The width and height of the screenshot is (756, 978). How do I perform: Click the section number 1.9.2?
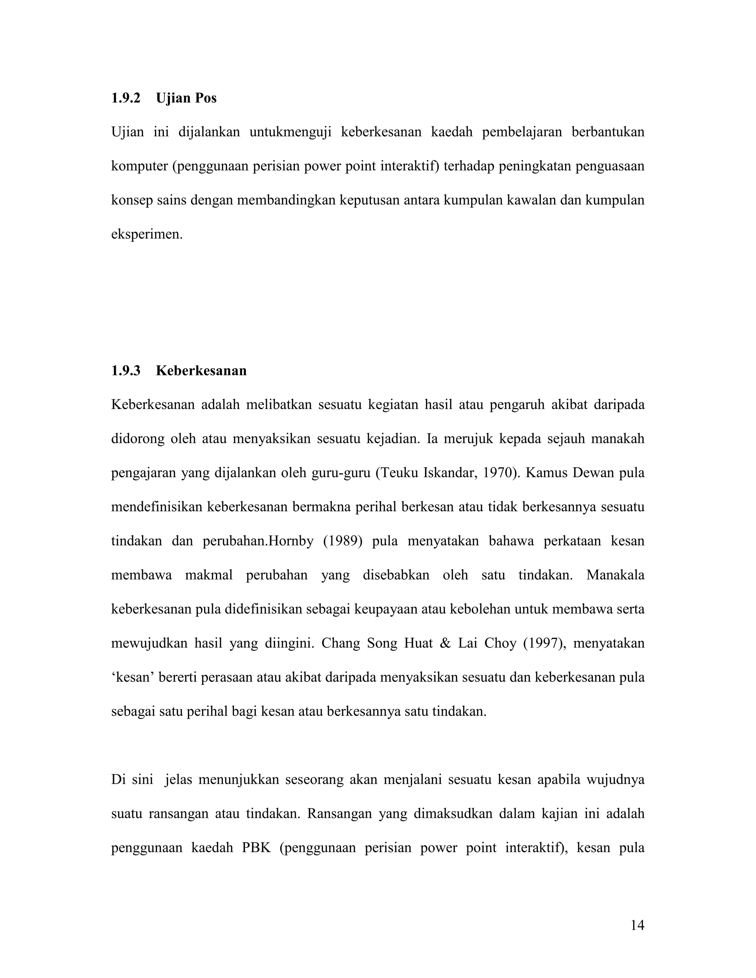coord(126,98)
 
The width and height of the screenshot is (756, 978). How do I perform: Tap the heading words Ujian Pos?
coord(186,98)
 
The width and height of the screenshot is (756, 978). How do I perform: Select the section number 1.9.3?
coord(126,371)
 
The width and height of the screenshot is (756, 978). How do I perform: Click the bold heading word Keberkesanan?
coord(201,371)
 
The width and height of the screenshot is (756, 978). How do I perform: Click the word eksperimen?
coord(147,234)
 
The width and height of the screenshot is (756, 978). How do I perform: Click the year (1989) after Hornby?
coord(343,541)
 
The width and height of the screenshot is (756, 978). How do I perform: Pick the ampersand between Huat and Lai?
coord(445,644)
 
